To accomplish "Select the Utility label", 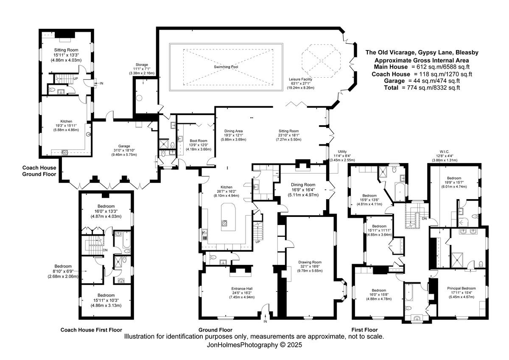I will [342, 152].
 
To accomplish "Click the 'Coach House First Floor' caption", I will [91, 330].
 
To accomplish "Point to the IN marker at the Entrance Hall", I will [265, 322].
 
